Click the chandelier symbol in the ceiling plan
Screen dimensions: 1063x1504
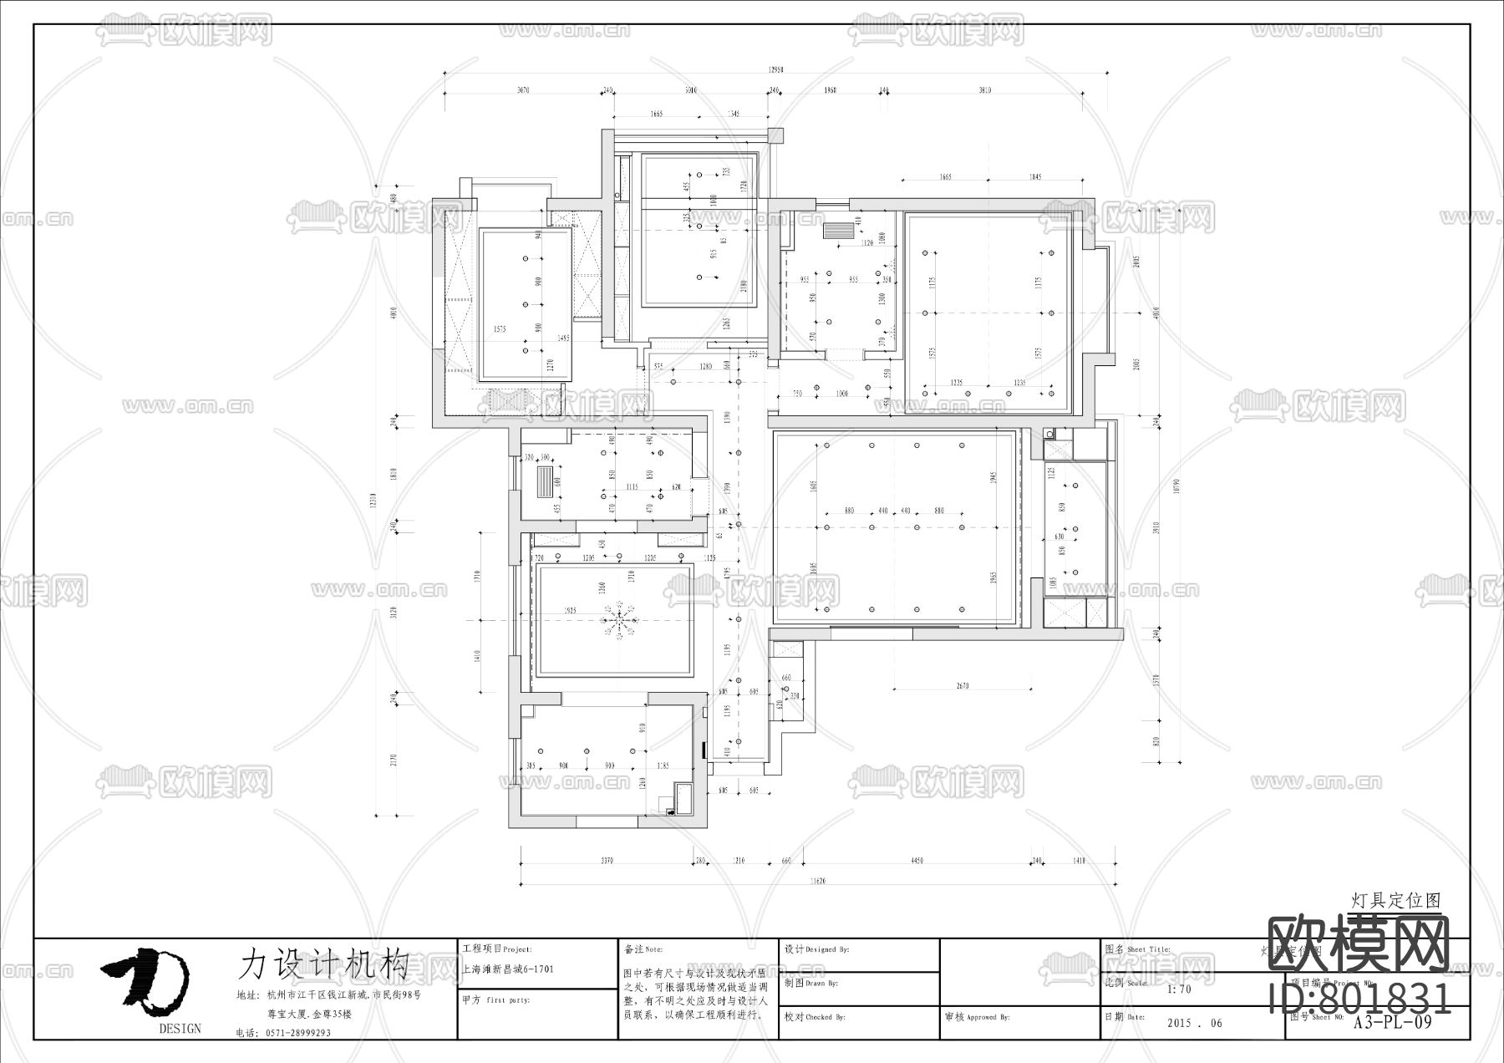coord(618,619)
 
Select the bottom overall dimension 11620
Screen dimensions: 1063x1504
coord(818,881)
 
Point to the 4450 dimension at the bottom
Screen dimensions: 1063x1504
coord(917,861)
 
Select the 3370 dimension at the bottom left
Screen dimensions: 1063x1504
coord(607,861)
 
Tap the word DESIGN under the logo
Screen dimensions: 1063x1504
coord(180,1029)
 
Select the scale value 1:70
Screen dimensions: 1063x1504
coord(1178,989)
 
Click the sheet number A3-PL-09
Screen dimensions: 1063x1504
coord(1393,1021)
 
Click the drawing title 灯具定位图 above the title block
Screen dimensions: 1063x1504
coord(1396,900)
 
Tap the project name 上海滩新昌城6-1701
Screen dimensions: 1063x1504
coord(507,970)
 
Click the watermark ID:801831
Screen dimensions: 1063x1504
coord(1359,998)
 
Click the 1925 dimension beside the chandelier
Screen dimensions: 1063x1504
coord(572,611)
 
